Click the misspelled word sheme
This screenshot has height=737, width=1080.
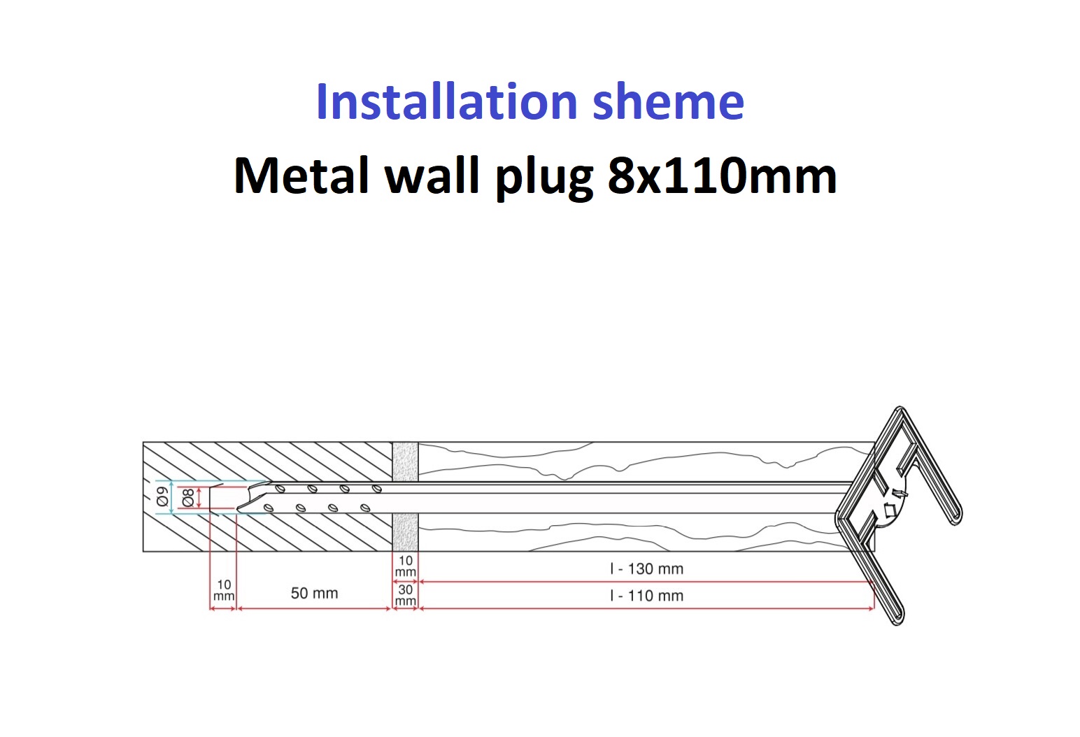click(668, 102)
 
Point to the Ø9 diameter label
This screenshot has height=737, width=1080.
click(162, 497)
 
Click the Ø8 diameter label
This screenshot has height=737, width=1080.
click(187, 497)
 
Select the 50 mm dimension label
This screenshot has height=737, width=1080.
click(314, 593)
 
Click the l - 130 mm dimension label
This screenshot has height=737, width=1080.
click(646, 568)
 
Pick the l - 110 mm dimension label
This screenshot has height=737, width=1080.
click(646, 596)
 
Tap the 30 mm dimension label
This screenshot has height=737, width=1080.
click(406, 595)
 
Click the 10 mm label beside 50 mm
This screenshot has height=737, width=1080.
click(224, 590)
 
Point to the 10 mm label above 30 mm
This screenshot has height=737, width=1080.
click(406, 566)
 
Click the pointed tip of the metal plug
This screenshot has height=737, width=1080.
click(239, 508)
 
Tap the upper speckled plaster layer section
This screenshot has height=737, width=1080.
click(405, 461)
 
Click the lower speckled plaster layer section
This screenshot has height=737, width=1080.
click(405, 532)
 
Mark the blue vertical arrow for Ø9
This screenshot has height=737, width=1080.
click(172, 497)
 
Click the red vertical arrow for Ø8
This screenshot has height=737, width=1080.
click(200, 497)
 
